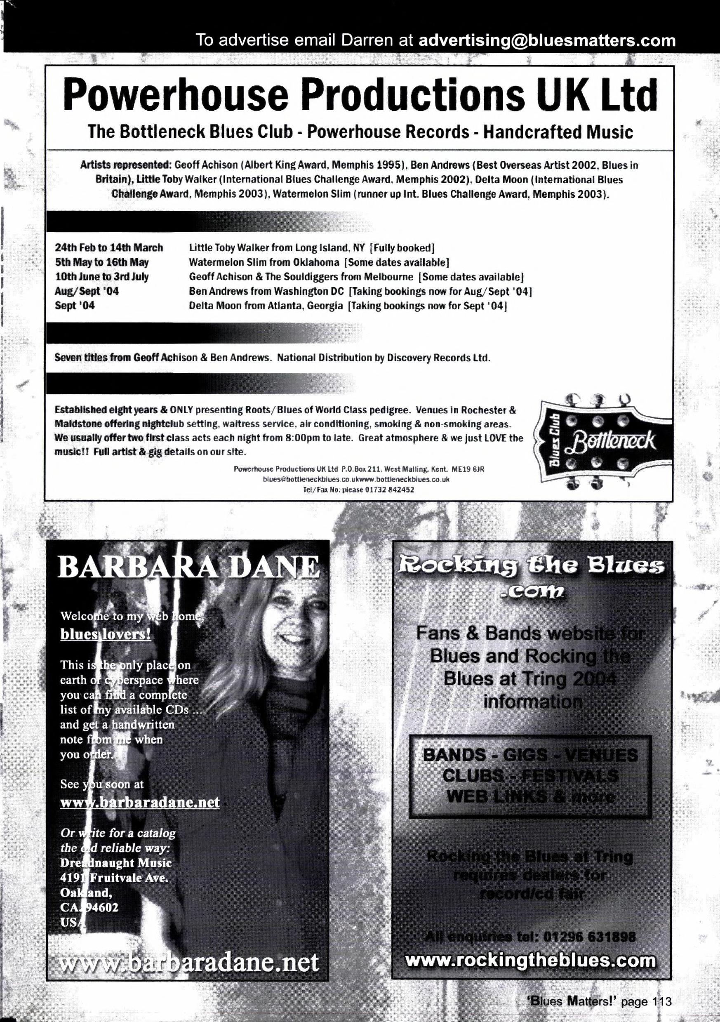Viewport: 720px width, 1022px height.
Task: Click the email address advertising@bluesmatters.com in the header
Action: pyautogui.click(x=547, y=40)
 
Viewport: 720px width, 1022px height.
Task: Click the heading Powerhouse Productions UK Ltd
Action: pyautogui.click(x=360, y=94)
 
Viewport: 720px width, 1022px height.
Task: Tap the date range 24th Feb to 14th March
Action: pyautogui.click(x=109, y=247)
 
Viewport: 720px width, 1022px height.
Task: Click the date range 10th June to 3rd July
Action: pyautogui.click(x=102, y=277)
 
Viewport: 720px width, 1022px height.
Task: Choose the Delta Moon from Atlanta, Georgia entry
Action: pyautogui.click(x=266, y=306)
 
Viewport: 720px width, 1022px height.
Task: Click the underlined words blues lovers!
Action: pyautogui.click(x=106, y=634)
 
